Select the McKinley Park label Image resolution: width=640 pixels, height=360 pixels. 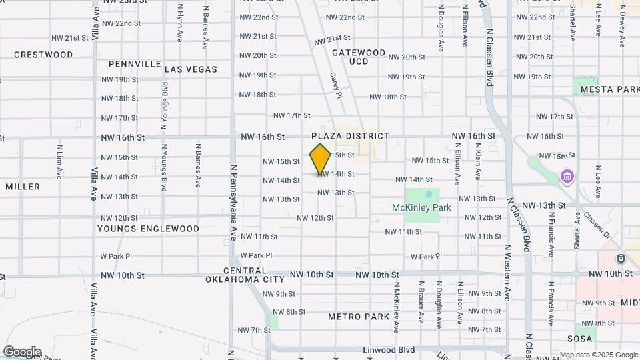pyautogui.click(x=421, y=207)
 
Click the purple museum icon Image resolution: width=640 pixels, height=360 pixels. pyautogui.click(x=567, y=177)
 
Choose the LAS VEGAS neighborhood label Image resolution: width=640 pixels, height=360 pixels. pyautogui.click(x=191, y=69)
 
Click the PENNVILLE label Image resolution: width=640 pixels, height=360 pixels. pyautogui.click(x=135, y=64)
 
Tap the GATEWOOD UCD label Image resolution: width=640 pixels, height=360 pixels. pyautogui.click(x=359, y=57)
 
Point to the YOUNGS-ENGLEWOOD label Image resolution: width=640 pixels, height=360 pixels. pyautogui.click(x=148, y=229)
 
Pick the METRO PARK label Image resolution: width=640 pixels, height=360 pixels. pyautogui.click(x=359, y=317)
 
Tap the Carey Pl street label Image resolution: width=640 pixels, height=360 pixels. pyautogui.click(x=335, y=85)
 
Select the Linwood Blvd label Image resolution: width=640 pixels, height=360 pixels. pyautogui.click(x=389, y=350)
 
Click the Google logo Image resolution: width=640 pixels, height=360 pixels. pyautogui.click(x=22, y=351)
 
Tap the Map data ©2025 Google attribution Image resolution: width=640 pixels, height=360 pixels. pyautogui.click(x=599, y=355)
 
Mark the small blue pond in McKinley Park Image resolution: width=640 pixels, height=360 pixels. pyautogui.click(x=429, y=195)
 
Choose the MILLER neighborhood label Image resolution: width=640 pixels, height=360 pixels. pyautogui.click(x=23, y=187)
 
